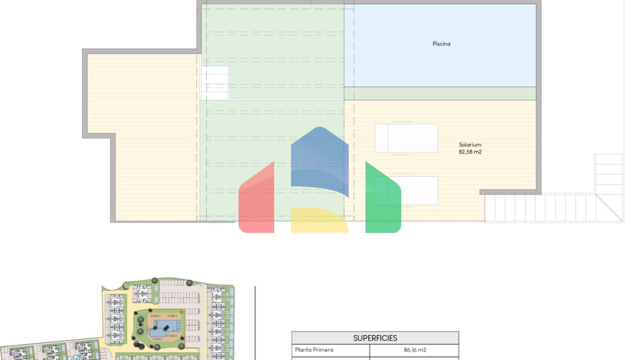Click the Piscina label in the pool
pos(441,44)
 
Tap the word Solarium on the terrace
pos(470,145)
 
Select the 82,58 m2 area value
pos(470,152)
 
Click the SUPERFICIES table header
pos(375,338)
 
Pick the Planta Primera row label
pos(314,350)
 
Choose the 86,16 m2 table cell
pos(415,350)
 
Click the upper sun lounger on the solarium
pos(406,138)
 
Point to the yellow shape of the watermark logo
pos(319,220)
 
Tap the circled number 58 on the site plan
pos(75,358)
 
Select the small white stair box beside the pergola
pos(215,83)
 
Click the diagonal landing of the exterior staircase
pos(609,208)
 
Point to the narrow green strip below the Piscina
pos(440,93)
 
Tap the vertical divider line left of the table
pos(255,323)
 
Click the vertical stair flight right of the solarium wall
pos(609,174)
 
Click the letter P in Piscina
pos(434,44)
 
